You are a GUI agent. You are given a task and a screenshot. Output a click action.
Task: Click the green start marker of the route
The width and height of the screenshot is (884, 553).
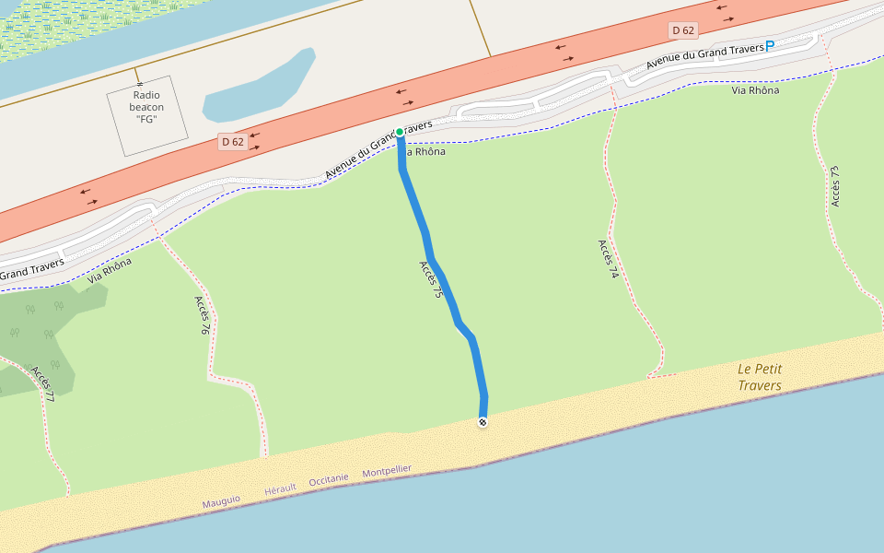pos(400,132)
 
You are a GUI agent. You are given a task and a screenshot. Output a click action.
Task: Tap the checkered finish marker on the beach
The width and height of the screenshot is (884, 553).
pos(483,422)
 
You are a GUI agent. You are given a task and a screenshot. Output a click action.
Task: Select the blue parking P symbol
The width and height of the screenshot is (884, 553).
pos(770,46)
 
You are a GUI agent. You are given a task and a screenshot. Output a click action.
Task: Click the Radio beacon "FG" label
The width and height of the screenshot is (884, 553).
pos(146,107)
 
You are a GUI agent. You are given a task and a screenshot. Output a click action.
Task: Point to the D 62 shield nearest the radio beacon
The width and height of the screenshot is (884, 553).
pos(232,142)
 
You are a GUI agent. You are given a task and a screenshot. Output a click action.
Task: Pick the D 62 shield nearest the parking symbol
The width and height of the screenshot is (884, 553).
pos(682,30)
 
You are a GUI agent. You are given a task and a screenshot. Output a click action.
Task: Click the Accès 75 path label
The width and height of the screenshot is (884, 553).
pos(431,279)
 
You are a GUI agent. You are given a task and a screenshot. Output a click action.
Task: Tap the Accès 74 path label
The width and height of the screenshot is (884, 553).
pos(606,259)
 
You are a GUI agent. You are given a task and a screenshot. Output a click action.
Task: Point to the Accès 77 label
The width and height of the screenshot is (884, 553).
pos(42,384)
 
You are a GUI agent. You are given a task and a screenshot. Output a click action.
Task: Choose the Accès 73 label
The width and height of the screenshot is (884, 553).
pos(834,185)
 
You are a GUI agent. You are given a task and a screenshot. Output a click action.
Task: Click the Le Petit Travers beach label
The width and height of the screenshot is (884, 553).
pos(760,377)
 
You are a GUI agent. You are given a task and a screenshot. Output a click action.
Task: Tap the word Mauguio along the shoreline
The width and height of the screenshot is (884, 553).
pos(221,500)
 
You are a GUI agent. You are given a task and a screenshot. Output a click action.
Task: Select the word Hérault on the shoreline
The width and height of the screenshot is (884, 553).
pos(280,488)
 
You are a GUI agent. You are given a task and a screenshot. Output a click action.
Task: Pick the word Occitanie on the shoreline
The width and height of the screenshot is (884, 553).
pos(329,479)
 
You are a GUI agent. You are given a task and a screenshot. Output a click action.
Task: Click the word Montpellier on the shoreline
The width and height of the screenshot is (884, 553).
pos(387,471)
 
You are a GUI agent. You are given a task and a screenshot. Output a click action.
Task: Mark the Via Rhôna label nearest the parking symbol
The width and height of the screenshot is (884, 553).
pos(754,90)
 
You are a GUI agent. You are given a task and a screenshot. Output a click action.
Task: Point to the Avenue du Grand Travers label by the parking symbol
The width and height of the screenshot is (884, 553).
pos(704,55)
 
